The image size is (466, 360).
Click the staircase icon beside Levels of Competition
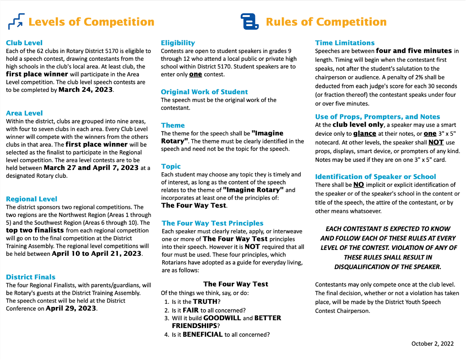[x=16, y=21]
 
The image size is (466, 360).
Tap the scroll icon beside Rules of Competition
[x=249, y=21]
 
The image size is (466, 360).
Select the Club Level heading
[x=24, y=43]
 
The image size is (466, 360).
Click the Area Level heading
[x=24, y=113]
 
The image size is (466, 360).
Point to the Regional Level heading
[x=32, y=199]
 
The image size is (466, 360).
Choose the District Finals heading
[x=31, y=277]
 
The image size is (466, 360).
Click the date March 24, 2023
[x=85, y=90]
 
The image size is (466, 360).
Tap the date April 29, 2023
[x=71, y=308]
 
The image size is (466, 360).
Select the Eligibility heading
[x=178, y=43]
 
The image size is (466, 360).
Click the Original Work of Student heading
[x=204, y=92]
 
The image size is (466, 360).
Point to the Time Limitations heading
[x=345, y=43]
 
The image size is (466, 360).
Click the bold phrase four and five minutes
[x=414, y=51]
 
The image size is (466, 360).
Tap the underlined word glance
[x=365, y=133]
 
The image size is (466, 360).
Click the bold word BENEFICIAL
[x=203, y=334]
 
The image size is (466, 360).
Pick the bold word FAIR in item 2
[x=191, y=310]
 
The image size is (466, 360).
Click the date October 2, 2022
[x=432, y=344]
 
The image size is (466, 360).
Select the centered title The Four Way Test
[x=236, y=284]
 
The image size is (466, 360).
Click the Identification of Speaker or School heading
[x=376, y=177]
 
